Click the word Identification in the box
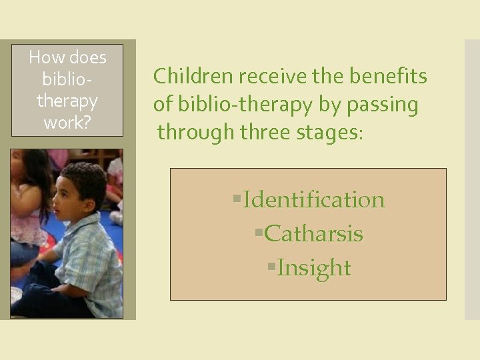point(314,199)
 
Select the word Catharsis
point(313,233)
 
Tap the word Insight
point(313,267)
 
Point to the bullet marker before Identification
point(237,199)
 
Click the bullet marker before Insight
point(271,267)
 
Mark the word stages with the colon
point(330,133)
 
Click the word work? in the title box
point(67,122)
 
